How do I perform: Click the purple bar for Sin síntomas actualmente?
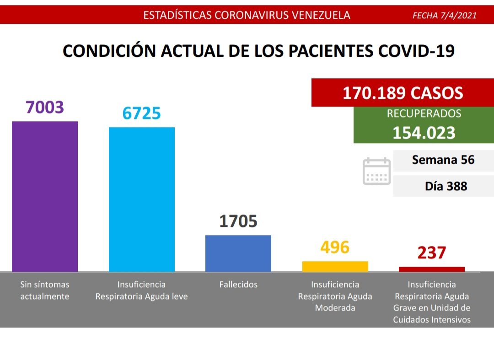tap(45, 197)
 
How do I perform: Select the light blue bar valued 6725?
tap(141, 199)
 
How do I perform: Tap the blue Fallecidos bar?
tap(238, 253)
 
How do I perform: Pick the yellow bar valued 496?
tap(335, 266)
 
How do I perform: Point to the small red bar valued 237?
tap(431, 269)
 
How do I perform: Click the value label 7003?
tap(45, 107)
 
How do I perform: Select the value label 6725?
tap(141, 113)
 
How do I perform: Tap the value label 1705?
tap(238, 221)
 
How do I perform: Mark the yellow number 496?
tap(335, 247)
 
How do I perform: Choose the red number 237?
tap(431, 253)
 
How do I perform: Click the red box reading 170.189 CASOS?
tap(403, 93)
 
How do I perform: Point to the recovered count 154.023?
tap(424, 133)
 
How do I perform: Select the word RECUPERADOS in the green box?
tap(424, 114)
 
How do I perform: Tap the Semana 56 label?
tap(443, 160)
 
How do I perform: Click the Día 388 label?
tap(446, 186)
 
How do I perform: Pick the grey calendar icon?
tap(376, 171)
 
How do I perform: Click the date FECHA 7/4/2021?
tap(444, 15)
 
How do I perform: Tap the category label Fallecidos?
tap(238, 285)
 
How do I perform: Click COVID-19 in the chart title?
tap(416, 51)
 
